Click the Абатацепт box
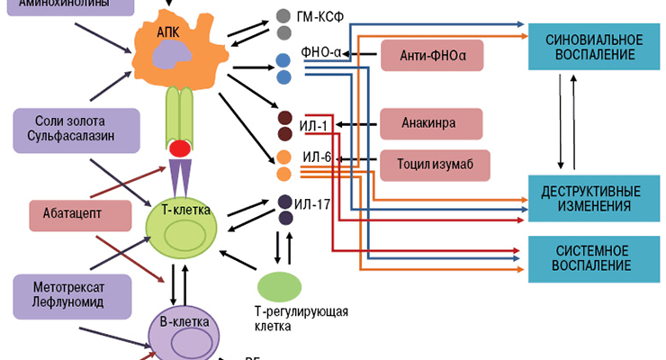pos(76,213)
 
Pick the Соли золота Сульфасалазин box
pos(76,129)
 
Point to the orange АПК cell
pos(179,49)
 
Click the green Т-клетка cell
pos(185,226)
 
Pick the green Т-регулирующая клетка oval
pos(282,286)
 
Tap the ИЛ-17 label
pos(318,203)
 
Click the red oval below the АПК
pos(180,148)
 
